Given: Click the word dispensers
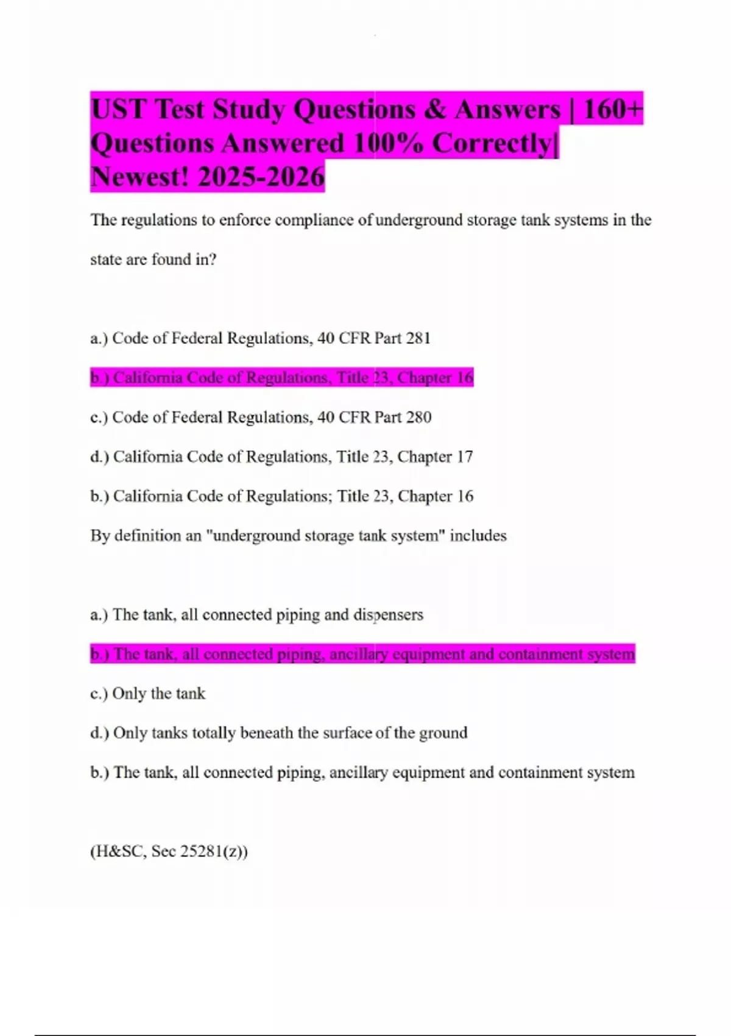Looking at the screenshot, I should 388,615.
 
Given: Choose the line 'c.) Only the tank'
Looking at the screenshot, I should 148,694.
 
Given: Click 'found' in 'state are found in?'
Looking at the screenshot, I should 171,260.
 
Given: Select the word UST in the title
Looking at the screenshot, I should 119,110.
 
